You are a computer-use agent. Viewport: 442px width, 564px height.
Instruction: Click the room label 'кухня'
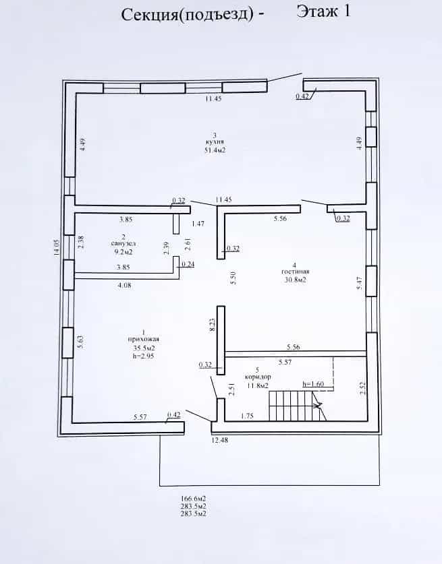(x=215, y=143)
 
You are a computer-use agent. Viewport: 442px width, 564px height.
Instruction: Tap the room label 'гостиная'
(x=296, y=272)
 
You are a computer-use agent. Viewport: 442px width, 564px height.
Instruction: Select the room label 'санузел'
(x=123, y=244)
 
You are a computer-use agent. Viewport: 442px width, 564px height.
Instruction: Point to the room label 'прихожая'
(x=143, y=339)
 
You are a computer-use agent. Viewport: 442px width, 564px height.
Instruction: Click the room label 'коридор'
(x=258, y=377)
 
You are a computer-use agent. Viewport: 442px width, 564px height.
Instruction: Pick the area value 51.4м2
(x=215, y=150)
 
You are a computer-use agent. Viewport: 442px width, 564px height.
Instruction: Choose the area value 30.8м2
(x=296, y=280)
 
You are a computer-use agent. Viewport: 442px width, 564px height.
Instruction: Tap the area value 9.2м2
(x=123, y=252)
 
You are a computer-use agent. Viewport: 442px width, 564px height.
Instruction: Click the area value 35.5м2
(x=144, y=348)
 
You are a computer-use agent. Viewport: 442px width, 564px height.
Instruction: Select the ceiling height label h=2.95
(x=144, y=356)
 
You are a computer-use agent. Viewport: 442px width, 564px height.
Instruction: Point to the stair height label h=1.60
(x=313, y=384)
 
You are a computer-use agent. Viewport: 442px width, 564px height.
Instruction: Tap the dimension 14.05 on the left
(x=57, y=247)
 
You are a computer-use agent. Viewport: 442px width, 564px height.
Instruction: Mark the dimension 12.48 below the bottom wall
(x=219, y=440)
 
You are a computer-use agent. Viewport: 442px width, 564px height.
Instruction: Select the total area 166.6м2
(x=194, y=499)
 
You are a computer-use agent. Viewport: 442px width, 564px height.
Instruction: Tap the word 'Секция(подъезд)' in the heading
(x=188, y=15)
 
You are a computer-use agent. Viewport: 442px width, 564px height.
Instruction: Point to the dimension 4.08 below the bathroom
(x=124, y=285)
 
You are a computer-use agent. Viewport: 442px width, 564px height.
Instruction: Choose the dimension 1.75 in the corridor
(x=247, y=416)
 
